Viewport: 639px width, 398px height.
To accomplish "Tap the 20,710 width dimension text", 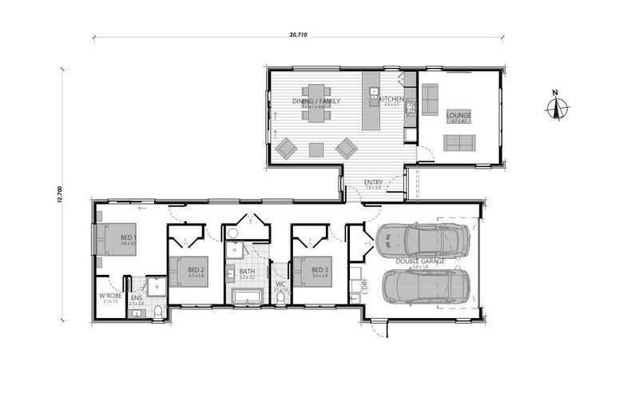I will (x=299, y=34).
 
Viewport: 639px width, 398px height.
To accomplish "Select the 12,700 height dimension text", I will (x=59, y=195).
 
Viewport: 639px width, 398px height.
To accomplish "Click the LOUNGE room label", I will (x=459, y=115).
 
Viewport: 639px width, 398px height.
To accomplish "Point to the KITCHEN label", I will (x=391, y=99).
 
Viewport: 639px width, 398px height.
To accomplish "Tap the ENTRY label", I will (x=373, y=182).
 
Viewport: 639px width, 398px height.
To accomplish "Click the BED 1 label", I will (x=129, y=238).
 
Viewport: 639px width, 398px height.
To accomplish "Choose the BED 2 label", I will (x=196, y=270).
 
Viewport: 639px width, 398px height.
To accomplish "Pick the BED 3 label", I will (x=320, y=270).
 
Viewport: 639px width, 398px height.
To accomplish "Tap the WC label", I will (x=280, y=284).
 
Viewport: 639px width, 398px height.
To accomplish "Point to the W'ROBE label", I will (x=110, y=296).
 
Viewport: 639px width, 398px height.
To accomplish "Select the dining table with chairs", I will (x=316, y=102).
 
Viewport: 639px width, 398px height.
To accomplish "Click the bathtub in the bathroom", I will (x=248, y=299).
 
